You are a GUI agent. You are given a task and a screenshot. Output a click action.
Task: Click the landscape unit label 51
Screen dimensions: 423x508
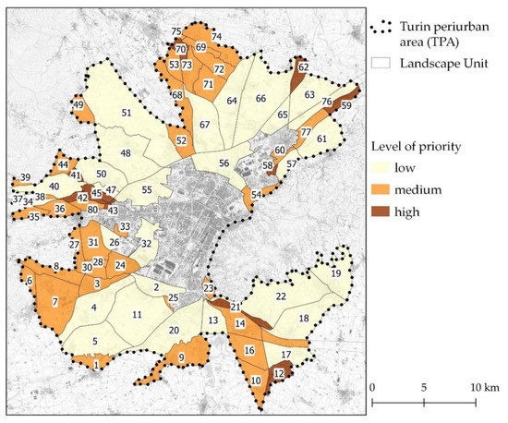click(x=126, y=113)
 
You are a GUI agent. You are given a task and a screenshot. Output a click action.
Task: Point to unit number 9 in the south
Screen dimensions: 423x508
click(x=181, y=358)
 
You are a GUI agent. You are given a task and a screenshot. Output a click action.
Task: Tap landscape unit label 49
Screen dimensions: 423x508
click(x=78, y=106)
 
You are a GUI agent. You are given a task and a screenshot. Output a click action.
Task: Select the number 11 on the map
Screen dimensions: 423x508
click(x=137, y=315)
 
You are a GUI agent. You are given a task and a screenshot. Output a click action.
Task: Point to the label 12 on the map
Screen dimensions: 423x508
click(x=278, y=373)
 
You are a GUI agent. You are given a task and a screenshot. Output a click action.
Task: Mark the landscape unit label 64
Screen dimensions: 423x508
click(x=233, y=101)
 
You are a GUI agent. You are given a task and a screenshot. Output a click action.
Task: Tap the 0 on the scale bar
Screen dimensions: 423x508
click(x=371, y=384)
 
